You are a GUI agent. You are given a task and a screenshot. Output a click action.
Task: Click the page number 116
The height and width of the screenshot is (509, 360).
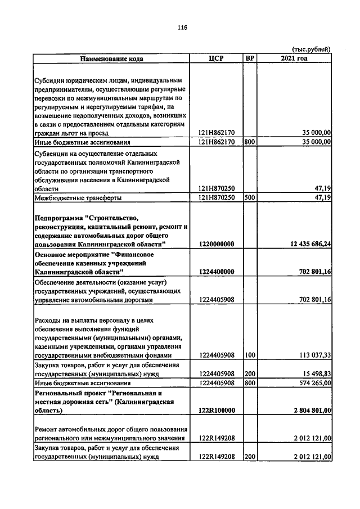pyautogui.click(x=182, y=28)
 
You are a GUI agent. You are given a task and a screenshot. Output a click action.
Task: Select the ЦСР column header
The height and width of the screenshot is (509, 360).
pyautogui.click(x=217, y=58)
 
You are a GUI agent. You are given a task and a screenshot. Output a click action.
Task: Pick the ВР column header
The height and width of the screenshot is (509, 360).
pyautogui.click(x=250, y=58)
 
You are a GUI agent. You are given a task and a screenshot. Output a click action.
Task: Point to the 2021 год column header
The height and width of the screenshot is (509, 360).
pyautogui.click(x=294, y=58)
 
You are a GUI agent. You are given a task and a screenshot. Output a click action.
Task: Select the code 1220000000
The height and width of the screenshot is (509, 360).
pyautogui.click(x=217, y=244)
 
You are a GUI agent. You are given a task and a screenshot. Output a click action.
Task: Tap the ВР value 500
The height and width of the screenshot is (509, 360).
pyautogui.click(x=250, y=198)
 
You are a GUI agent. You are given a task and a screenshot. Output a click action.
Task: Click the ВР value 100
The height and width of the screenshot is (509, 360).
pyautogui.click(x=250, y=355)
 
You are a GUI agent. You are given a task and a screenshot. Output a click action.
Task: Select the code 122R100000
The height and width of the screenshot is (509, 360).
pyautogui.click(x=217, y=411)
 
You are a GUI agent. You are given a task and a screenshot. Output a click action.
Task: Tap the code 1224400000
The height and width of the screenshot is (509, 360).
pyautogui.click(x=217, y=272)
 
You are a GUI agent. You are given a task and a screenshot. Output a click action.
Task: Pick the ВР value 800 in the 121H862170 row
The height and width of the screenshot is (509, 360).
pyautogui.click(x=250, y=142)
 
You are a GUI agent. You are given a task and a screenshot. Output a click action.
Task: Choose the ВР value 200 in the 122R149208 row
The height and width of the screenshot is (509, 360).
pyautogui.click(x=250, y=457)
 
